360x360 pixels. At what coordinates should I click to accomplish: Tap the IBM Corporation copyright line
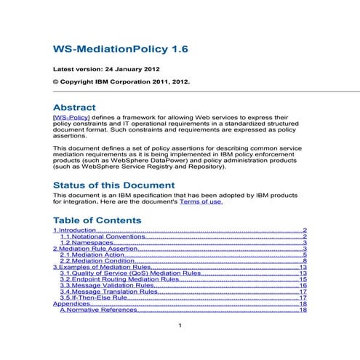coord(121,82)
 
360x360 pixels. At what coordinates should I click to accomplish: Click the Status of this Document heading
coord(113,185)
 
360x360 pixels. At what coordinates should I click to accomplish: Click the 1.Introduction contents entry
coord(75,231)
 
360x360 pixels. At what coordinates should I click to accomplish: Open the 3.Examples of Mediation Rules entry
coord(101,268)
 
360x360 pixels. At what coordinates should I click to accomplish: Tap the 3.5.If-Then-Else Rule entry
coord(97,298)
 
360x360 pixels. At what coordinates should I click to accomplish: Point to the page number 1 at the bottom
coord(180,325)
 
